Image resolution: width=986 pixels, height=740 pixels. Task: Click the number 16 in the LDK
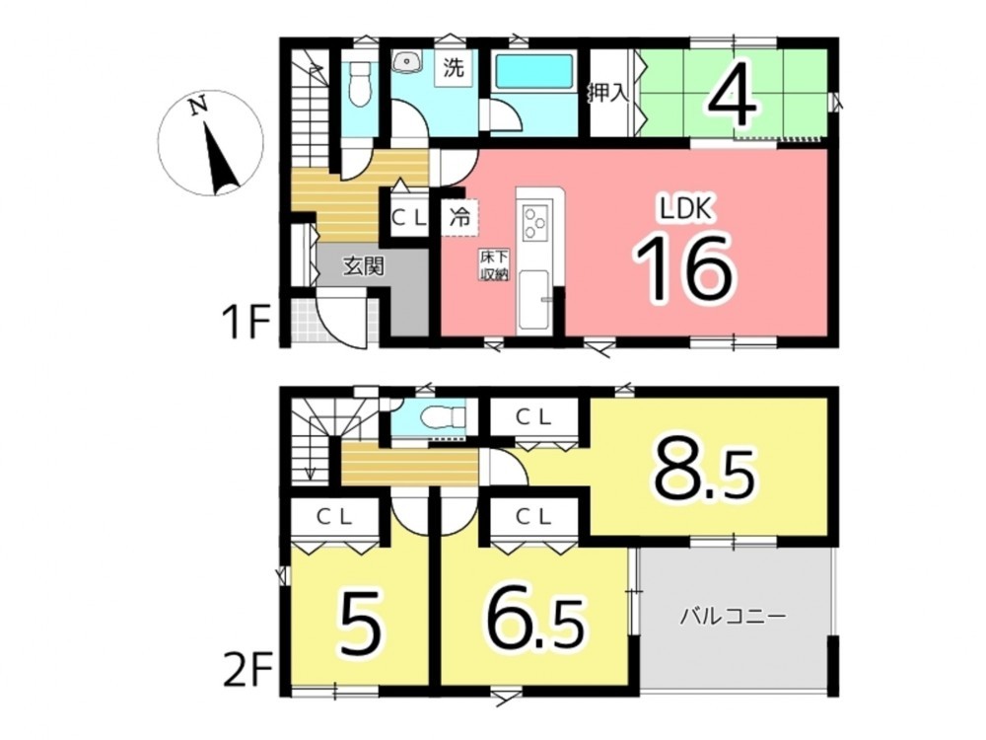(685, 268)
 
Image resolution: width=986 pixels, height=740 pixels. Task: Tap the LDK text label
(685, 208)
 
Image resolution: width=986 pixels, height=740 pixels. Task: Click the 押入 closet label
(608, 93)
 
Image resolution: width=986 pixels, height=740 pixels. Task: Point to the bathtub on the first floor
(534, 72)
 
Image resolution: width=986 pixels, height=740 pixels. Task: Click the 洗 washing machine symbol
(454, 67)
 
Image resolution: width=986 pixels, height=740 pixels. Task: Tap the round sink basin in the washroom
(407, 62)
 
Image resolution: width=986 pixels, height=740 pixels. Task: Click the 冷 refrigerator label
(459, 217)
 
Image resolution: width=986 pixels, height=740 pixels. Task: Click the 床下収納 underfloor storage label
(494, 265)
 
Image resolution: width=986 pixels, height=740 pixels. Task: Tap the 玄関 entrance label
(363, 266)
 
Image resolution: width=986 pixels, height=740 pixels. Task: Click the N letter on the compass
(200, 107)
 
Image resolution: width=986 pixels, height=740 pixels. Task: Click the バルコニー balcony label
(734, 616)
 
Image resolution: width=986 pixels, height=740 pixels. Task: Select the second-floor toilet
(440, 416)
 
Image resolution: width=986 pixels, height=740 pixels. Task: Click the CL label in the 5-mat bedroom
(334, 517)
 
